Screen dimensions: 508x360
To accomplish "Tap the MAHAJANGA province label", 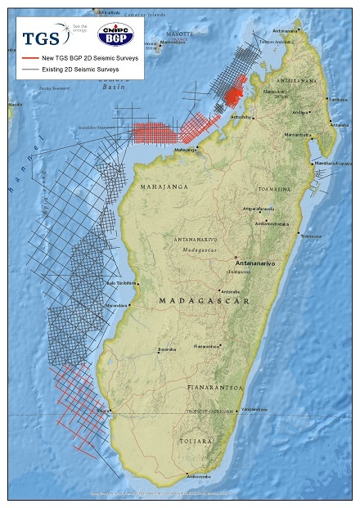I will coord(163,187).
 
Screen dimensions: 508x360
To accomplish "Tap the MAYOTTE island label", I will coord(179,34).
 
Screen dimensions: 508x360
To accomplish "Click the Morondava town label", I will coord(117,305).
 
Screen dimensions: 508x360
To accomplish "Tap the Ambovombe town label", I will coord(201,476).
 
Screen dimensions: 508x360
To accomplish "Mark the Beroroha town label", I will coord(167,348).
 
